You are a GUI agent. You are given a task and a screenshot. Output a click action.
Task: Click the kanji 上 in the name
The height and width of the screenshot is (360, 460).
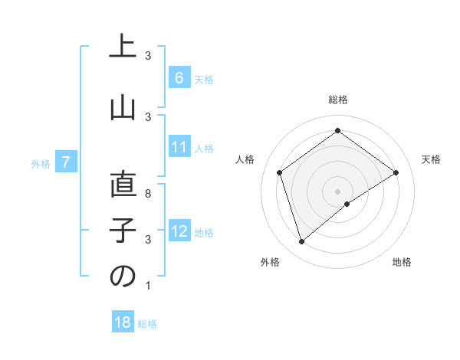[x=123, y=47]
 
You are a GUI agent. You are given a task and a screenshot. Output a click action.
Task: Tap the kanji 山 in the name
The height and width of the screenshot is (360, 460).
[x=123, y=108]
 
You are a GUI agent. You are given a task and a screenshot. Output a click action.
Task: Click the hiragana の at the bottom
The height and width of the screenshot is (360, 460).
[x=123, y=277]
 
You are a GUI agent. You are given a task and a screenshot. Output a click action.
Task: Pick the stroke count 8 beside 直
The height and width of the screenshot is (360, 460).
[x=148, y=195]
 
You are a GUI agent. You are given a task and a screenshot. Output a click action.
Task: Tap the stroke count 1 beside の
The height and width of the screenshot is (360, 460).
[x=148, y=286]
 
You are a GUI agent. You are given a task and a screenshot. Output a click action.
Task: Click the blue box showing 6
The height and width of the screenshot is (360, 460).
[x=179, y=78]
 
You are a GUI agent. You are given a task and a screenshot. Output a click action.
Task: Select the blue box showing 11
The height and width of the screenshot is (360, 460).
[x=179, y=147]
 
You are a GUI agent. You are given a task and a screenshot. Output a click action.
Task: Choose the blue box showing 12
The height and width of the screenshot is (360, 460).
[x=179, y=231]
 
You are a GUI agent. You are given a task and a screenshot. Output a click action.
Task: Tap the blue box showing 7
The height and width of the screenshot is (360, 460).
[x=66, y=162]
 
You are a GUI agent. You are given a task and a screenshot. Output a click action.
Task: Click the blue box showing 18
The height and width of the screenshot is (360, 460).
[x=123, y=322]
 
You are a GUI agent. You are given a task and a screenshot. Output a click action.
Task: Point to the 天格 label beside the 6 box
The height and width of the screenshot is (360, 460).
[x=203, y=79]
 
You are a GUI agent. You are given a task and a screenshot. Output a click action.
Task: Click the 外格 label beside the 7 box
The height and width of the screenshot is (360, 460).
[x=41, y=163]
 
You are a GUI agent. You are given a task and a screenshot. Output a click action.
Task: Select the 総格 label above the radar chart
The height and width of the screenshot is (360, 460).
[x=337, y=100]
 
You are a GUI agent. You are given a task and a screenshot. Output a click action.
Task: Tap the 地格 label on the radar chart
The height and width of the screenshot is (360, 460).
[x=402, y=262]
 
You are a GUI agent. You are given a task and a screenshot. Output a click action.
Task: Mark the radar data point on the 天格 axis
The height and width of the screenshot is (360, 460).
[x=396, y=172]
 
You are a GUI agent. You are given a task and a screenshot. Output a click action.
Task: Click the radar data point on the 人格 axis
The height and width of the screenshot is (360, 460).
[x=280, y=172]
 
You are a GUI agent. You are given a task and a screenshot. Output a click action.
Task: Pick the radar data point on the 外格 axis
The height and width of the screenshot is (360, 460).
[x=302, y=242]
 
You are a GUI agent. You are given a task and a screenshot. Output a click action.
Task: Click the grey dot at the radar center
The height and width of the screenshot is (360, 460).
[x=337, y=190]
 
